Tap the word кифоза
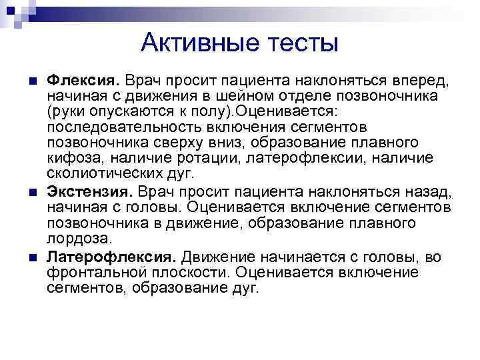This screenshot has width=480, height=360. [71, 158]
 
